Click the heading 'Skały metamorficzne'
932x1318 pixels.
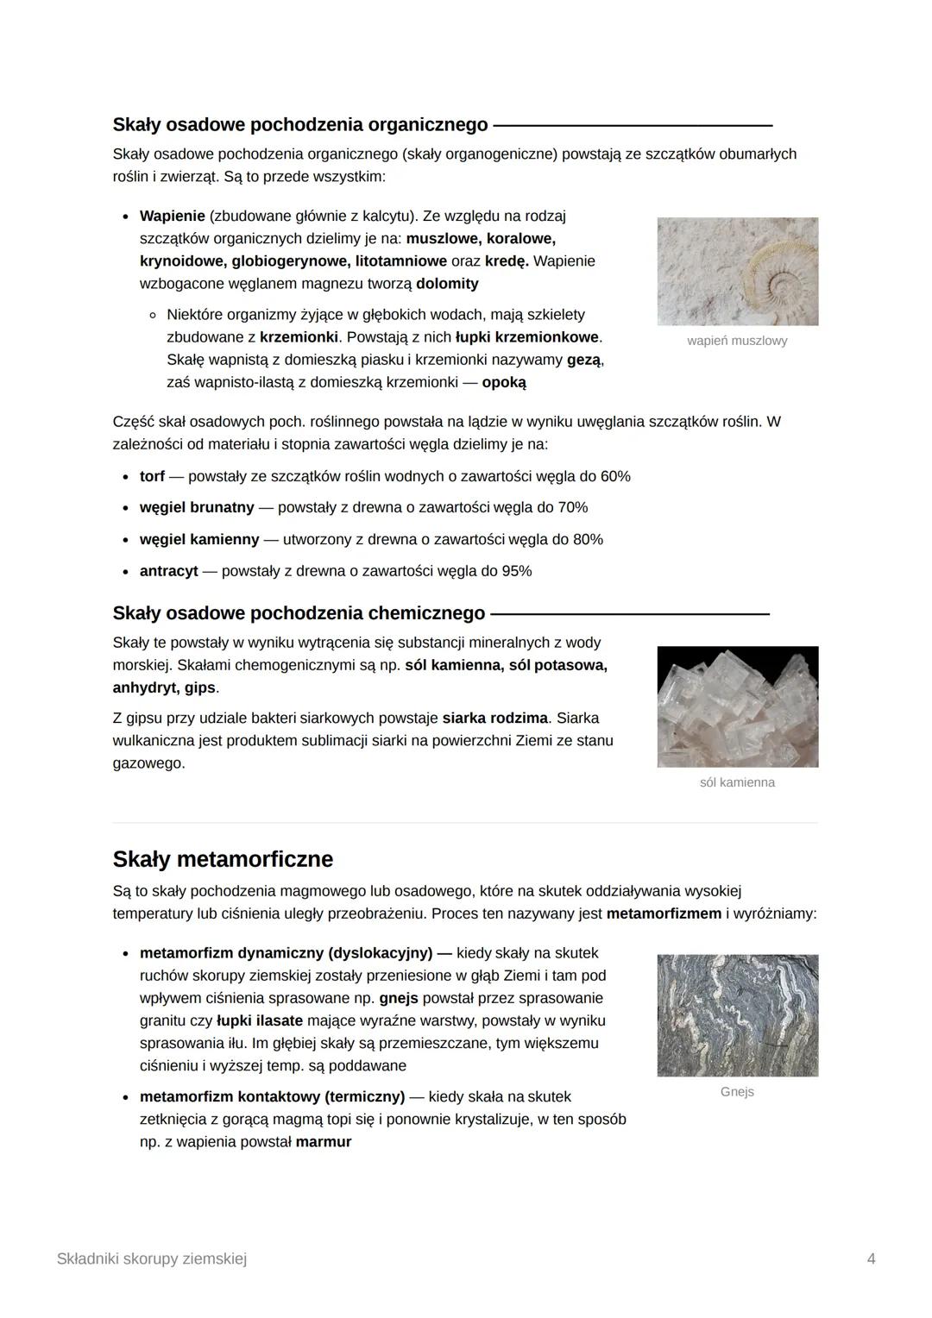coord(223,859)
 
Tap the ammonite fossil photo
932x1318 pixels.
coord(737,271)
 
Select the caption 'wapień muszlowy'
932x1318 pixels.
coord(737,341)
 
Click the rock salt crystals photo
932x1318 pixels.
coord(737,706)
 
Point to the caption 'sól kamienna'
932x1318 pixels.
coord(737,782)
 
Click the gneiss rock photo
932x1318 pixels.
coord(737,1015)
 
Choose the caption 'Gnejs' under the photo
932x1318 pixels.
coord(737,1092)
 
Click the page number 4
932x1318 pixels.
coord(871,1258)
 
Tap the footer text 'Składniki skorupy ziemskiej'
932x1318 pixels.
coord(152,1258)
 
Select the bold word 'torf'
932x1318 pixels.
coord(152,476)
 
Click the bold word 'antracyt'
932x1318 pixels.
coord(168,571)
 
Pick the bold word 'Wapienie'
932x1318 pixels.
coord(172,216)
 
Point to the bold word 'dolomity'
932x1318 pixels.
coord(447,284)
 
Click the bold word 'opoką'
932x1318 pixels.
coord(504,382)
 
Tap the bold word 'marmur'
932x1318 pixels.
coord(324,1142)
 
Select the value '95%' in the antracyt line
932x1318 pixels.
coord(515,571)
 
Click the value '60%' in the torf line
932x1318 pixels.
coord(614,476)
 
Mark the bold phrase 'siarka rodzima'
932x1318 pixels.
coord(495,718)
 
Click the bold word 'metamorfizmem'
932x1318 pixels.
coord(664,913)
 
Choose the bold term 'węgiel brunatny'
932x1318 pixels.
coord(197,507)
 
